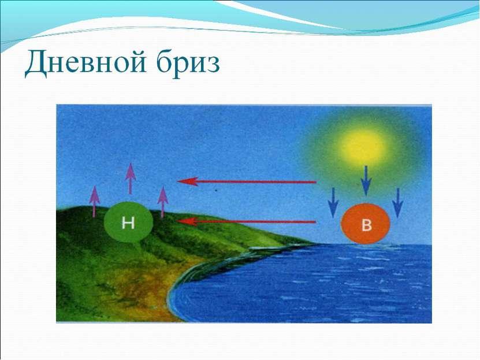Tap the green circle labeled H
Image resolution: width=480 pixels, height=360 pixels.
pos(128,222)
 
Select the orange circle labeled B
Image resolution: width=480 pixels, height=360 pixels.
pos(365,224)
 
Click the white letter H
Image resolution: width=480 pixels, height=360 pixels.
pos(128,222)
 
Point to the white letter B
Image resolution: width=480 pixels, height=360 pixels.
pos(366,225)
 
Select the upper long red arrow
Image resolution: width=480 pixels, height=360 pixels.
pos(247,182)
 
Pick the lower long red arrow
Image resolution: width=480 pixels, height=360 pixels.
pos(247,222)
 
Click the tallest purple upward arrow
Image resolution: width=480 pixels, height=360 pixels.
pos(131,179)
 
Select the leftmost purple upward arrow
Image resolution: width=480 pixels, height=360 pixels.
pos(95,202)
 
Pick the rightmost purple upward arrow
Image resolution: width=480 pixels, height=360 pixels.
pos(163,202)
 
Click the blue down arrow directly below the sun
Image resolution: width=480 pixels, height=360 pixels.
pos(366,181)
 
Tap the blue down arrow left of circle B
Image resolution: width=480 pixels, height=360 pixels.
pos(333,203)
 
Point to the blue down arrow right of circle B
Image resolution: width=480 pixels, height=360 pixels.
pos(398,203)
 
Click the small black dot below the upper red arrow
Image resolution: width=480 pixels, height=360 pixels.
pos(217,190)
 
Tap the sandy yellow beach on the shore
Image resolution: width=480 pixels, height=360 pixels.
pos(147,294)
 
